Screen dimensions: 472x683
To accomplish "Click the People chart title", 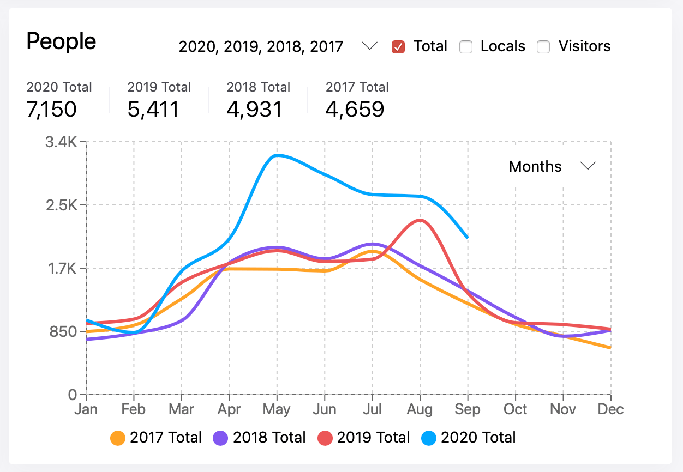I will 61,41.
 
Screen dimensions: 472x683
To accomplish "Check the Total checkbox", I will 398,47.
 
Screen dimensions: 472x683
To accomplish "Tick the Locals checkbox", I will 465,47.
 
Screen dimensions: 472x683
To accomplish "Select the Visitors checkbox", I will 543,47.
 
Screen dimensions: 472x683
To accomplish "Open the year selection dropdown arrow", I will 370,46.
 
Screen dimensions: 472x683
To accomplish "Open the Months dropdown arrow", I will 588,166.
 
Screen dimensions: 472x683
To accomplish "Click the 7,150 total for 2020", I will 51,110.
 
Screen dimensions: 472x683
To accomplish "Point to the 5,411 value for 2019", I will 153,110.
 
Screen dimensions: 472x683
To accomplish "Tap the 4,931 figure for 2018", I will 254,110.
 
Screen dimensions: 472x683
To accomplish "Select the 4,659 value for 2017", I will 355,110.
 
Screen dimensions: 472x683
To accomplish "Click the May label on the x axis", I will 277,409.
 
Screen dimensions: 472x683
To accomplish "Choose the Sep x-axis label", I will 468,409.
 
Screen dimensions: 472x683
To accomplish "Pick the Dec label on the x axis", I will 610,409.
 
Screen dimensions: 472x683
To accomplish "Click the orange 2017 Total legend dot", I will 118,438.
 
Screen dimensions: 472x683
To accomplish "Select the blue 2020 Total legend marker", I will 429,438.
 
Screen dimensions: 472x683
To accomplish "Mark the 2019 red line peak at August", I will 420,220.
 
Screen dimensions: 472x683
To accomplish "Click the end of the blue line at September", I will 468,238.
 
